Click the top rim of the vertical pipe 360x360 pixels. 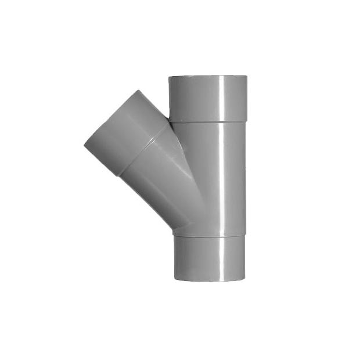207,77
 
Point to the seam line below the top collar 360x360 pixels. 207,122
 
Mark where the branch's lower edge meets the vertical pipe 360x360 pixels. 174,230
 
